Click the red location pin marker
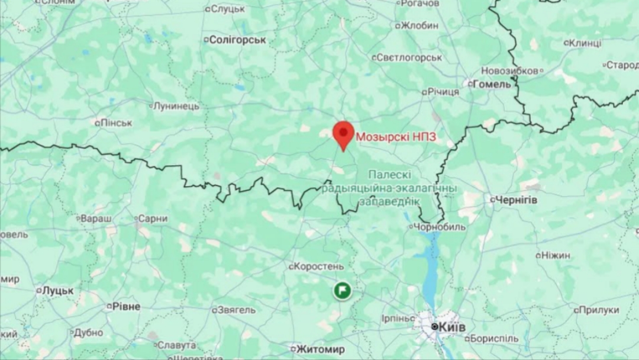pos(343,134)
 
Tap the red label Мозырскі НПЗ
pos(396,137)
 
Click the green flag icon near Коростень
pos(342,290)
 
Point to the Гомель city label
pos(492,85)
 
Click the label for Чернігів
pos(516,200)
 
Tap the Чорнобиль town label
pos(432,227)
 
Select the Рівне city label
pos(126,307)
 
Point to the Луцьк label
pos(58,291)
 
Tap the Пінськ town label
pos(116,123)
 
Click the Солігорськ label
pos(238,40)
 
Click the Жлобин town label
pos(419,25)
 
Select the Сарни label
pos(153,218)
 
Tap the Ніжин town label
pos(556,255)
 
